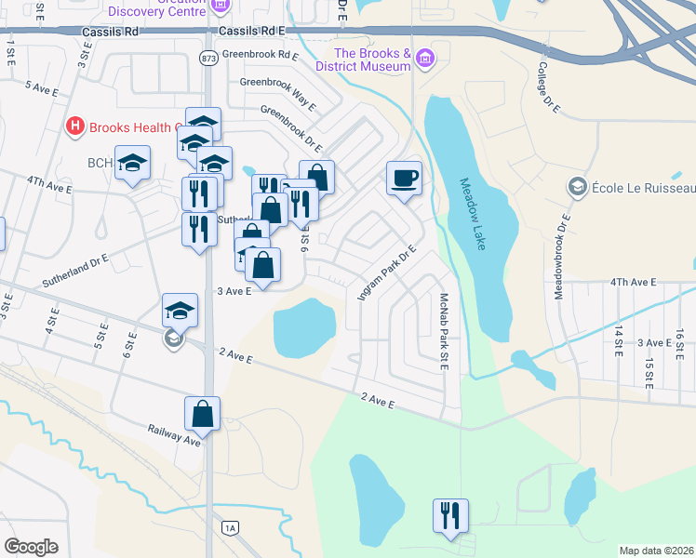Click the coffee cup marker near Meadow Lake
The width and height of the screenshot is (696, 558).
(404, 178)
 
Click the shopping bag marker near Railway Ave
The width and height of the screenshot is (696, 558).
(202, 414)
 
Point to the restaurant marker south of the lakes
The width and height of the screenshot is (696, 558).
(450, 515)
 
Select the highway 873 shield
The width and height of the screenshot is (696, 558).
(207, 58)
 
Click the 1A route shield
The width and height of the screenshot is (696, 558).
(230, 528)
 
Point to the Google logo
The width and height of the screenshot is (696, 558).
(31, 547)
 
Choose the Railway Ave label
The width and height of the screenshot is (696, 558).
(174, 435)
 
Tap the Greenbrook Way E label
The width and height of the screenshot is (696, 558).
(277, 82)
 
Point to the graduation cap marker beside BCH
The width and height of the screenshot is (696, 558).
(133, 162)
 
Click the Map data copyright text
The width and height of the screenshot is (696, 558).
(656, 551)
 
